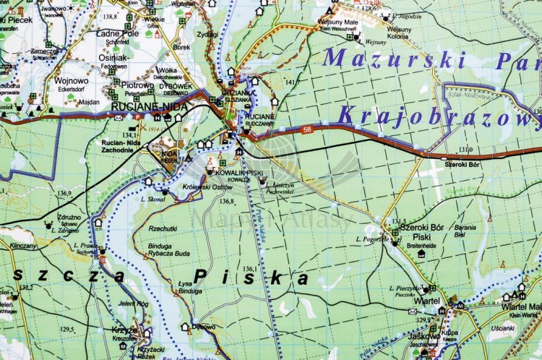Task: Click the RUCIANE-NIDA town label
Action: [x=150, y=107]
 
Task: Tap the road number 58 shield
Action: [x=307, y=129]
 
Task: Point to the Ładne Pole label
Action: [x=117, y=33]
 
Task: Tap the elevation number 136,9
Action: [x=64, y=193]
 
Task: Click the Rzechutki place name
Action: [x=163, y=228]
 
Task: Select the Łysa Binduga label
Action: [x=190, y=287]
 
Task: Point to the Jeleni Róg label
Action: [x=133, y=304]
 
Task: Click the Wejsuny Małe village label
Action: [x=338, y=22]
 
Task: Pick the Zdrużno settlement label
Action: [x=69, y=218]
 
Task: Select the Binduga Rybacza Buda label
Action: [x=169, y=249]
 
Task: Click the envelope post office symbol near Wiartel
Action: [x=413, y=312]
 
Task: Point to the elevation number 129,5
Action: [x=66, y=330]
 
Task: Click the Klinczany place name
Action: [x=24, y=246]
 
